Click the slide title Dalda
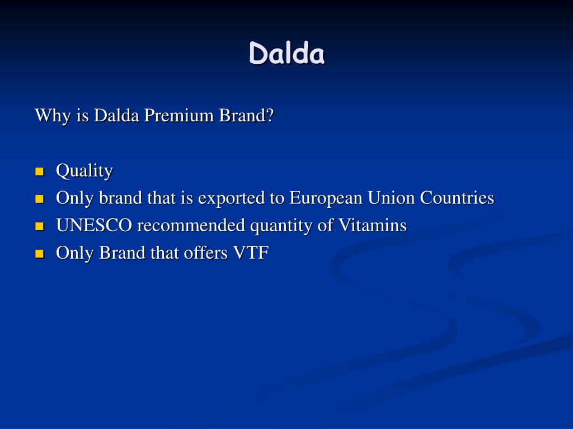pyautogui.click(x=286, y=54)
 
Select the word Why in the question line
pyautogui.click(x=49, y=116)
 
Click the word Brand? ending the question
pyautogui.click(x=247, y=116)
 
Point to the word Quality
pyautogui.click(x=84, y=171)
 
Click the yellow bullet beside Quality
pyautogui.click(x=39, y=171)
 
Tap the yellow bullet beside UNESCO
pyautogui.click(x=39, y=226)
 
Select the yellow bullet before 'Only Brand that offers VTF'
pyautogui.click(x=39, y=254)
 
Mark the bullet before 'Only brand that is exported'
pyautogui.click(x=39, y=199)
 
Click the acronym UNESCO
pyautogui.click(x=94, y=226)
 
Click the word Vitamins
pyautogui.click(x=372, y=226)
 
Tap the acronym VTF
pyautogui.click(x=252, y=253)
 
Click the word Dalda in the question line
pyautogui.click(x=116, y=116)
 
